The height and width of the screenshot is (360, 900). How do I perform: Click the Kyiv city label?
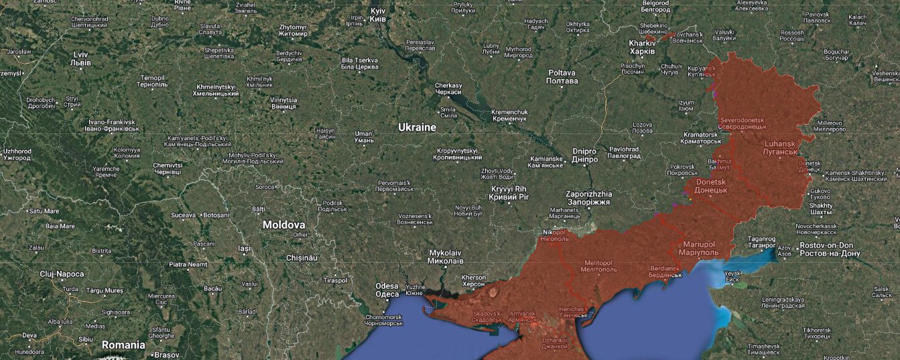coord(378,15)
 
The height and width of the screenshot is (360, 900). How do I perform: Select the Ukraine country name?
coord(417,127)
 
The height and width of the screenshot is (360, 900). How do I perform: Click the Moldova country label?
coord(283,225)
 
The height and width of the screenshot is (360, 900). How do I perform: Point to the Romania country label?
coord(123,345)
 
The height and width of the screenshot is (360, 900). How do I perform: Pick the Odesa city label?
coord(387,290)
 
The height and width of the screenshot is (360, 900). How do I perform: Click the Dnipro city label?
coord(584,156)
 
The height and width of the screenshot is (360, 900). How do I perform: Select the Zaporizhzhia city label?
coord(588,198)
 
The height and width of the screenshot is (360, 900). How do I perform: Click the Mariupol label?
coord(700,248)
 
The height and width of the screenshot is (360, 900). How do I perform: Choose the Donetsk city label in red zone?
coord(712,186)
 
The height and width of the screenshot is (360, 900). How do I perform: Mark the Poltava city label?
coord(562,76)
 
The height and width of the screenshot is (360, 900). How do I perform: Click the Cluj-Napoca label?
coord(62,274)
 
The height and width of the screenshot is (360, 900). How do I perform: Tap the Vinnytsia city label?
coord(283,103)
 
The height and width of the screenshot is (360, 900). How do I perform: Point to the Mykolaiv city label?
coord(446,257)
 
